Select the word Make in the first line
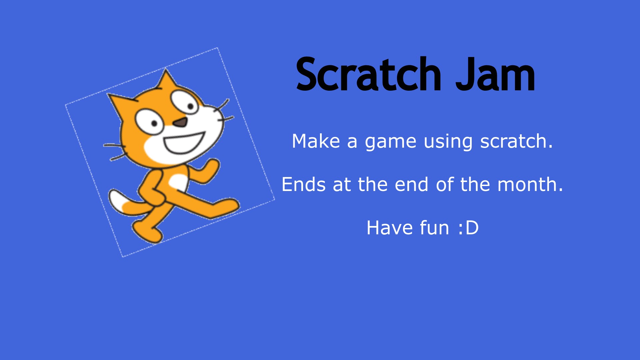tap(316, 141)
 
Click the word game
tap(390, 142)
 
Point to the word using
tap(448, 142)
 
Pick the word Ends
tap(303, 184)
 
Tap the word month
tap(530, 184)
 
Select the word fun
tap(434, 228)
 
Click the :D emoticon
tap(468, 228)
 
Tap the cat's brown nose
tap(181, 122)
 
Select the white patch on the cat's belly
tap(178, 183)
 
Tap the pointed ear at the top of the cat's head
tap(166, 80)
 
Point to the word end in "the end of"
tap(411, 184)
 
